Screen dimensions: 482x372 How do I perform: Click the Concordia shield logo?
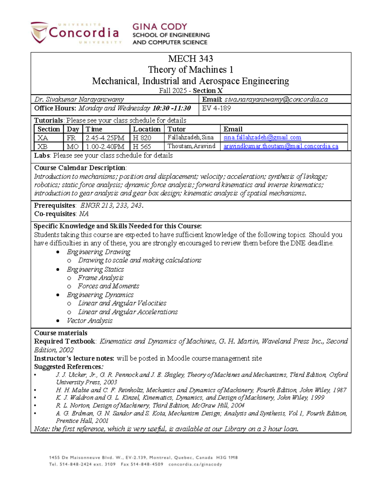39,33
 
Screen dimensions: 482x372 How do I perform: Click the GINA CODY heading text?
160,27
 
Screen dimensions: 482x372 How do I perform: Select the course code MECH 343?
190,59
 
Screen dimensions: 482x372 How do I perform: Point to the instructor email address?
276,99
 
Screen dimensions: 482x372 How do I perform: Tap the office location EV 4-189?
216,108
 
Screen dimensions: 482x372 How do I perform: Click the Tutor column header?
176,129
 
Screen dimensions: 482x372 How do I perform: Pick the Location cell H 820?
142,138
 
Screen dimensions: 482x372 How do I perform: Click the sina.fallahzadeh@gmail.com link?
262,137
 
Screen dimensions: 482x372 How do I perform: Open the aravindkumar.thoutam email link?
281,146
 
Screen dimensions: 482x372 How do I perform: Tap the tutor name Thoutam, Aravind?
191,146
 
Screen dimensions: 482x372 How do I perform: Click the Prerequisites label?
55,205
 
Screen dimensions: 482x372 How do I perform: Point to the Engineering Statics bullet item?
95,269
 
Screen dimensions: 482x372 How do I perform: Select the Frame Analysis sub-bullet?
100,278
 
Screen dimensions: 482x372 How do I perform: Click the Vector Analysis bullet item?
90,321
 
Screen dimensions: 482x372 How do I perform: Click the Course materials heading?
61,333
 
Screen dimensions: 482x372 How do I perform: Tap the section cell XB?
42,146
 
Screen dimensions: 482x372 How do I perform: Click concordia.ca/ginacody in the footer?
195,465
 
